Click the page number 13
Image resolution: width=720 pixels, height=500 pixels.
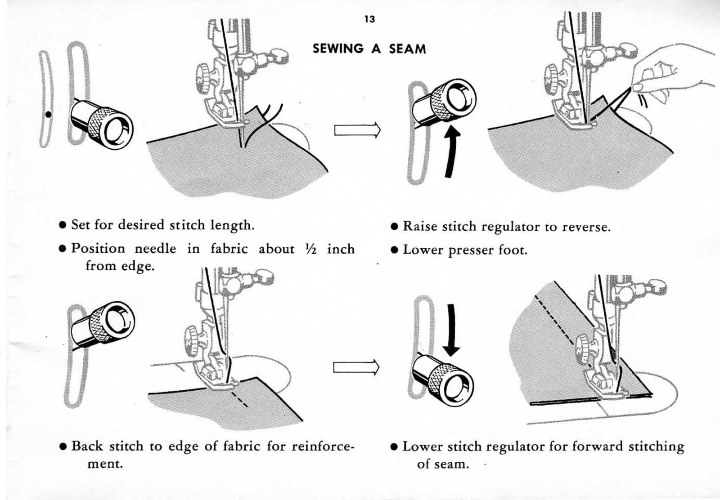tap(369, 19)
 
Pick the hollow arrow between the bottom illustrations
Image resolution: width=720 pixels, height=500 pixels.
tap(356, 368)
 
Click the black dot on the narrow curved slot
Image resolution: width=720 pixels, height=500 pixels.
tap(48, 114)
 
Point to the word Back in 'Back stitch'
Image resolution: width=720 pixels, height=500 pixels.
tap(88, 446)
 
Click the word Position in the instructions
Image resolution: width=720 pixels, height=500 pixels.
tap(98, 249)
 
